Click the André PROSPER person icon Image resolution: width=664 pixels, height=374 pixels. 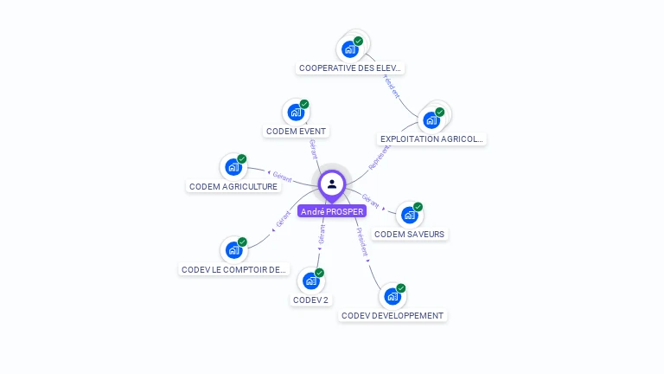click(332, 184)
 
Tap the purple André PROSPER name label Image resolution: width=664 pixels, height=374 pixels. click(332, 211)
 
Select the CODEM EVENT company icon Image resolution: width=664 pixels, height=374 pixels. click(297, 113)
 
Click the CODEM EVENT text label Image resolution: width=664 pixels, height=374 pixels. click(297, 132)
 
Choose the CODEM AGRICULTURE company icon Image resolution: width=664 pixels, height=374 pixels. click(233, 167)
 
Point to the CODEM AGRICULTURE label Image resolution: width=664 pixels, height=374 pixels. click(233, 186)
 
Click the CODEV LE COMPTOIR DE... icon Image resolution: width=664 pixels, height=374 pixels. click(233, 250)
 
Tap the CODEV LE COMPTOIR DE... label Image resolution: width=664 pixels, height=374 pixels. click(233, 269)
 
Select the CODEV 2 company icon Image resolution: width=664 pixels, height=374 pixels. click(311, 280)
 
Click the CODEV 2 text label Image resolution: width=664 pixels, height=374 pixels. click(311, 300)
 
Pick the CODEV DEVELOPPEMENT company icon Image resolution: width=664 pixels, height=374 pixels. click(393, 296)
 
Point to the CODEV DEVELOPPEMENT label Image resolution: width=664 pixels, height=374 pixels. click(393, 316)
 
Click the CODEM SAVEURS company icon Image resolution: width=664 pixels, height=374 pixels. click(410, 215)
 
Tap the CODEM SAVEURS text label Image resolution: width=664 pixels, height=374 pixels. click(410, 234)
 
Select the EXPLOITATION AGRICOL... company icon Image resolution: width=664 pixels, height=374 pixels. click(431, 119)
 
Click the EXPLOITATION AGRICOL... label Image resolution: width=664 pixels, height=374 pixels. click(432, 139)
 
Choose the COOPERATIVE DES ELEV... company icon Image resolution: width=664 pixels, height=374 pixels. click(350, 48)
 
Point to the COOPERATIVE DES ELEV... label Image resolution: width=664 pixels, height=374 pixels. click(350, 68)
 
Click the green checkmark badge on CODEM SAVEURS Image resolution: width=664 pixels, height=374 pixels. click(418, 207)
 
